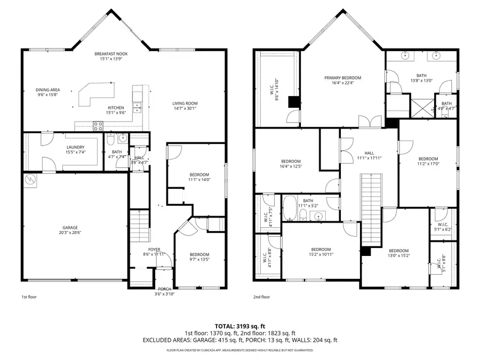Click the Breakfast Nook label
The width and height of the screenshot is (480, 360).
point(111,54)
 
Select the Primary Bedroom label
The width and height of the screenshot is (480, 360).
point(342,78)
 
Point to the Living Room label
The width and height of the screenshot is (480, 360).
point(185,103)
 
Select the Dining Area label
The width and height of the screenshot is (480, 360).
point(48,90)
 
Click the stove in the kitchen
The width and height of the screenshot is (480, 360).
point(99,126)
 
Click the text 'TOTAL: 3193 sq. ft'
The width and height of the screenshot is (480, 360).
point(239,325)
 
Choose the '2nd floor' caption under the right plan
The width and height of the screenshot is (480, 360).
point(261,297)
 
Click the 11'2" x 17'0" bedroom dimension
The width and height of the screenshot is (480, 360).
point(428,164)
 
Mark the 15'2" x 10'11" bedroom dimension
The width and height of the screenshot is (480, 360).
point(321,255)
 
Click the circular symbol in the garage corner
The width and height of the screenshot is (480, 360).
point(31,180)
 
